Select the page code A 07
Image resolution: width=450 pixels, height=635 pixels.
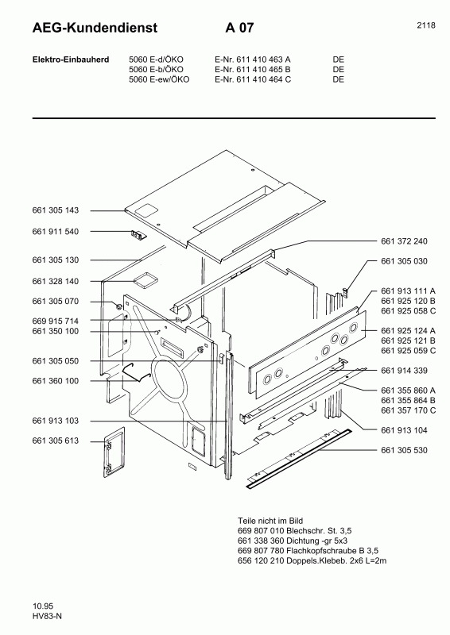click(239, 29)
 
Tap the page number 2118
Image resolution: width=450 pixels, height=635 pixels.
click(425, 25)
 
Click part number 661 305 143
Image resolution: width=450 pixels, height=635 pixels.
click(56, 211)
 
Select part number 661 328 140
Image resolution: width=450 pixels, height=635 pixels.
click(56, 281)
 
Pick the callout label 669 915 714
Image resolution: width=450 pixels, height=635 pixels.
click(56, 320)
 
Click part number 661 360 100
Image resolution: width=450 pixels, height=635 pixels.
click(56, 381)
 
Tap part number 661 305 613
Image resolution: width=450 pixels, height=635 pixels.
click(56, 441)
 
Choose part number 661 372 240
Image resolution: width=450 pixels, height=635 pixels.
click(404, 241)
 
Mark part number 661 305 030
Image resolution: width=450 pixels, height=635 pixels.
click(404, 262)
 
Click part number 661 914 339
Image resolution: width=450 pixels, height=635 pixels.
click(404, 371)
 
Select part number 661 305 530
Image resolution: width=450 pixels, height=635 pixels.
click(404, 451)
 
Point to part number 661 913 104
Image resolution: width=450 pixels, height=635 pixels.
click(404, 429)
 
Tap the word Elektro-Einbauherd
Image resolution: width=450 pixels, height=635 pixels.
click(65, 60)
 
